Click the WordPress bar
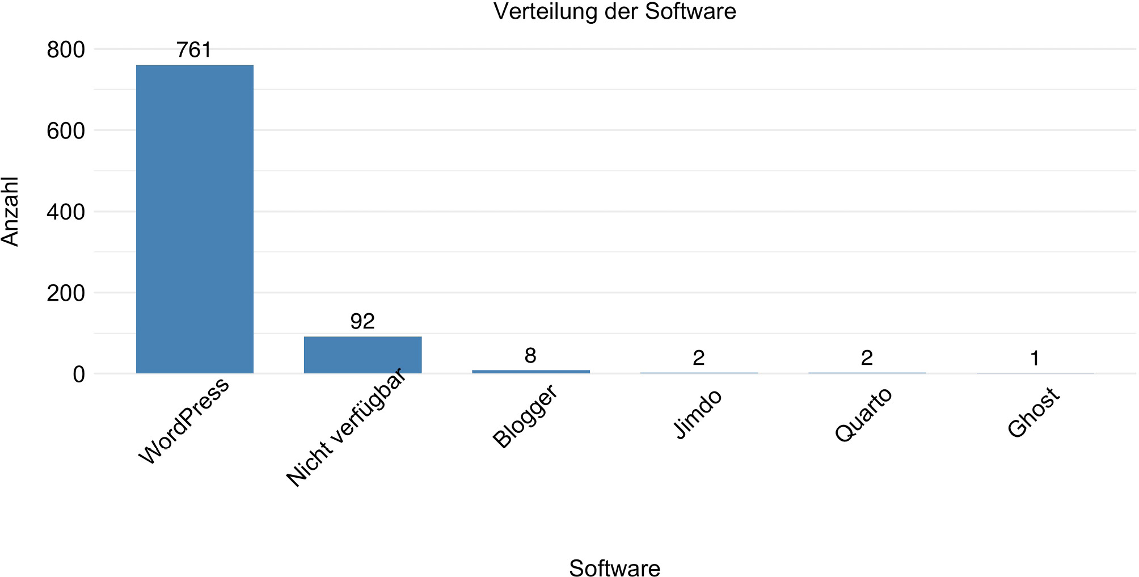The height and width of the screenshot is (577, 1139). pyautogui.click(x=195, y=219)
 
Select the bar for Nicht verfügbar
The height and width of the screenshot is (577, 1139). pyautogui.click(x=362, y=355)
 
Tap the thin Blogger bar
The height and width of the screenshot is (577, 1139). pyautogui.click(x=530, y=372)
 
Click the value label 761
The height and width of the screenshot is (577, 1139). pyautogui.click(x=194, y=50)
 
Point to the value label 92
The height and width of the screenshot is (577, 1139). pyautogui.click(x=362, y=322)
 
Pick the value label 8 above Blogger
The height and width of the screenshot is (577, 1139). pyautogui.click(x=530, y=356)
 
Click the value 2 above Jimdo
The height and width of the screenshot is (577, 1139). pyautogui.click(x=698, y=358)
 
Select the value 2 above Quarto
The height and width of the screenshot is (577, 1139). pyautogui.click(x=867, y=358)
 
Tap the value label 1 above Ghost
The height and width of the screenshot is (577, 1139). pyautogui.click(x=1035, y=359)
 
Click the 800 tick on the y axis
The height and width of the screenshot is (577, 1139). pyautogui.click(x=66, y=50)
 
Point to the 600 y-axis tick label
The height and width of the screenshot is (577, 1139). pyautogui.click(x=66, y=131)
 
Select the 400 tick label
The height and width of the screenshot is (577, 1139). pyautogui.click(x=66, y=212)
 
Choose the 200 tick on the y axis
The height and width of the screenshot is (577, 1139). pyautogui.click(x=66, y=293)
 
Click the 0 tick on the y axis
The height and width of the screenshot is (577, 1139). pyautogui.click(x=79, y=374)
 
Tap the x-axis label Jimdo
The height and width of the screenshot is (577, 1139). pyautogui.click(x=698, y=414)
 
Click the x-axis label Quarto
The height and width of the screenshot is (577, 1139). pyautogui.click(x=863, y=415)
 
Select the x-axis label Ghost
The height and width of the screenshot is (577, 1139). pyautogui.click(x=1033, y=412)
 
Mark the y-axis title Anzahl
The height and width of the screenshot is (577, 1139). pyautogui.click(x=10, y=211)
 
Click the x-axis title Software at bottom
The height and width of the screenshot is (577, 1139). pyautogui.click(x=614, y=568)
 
